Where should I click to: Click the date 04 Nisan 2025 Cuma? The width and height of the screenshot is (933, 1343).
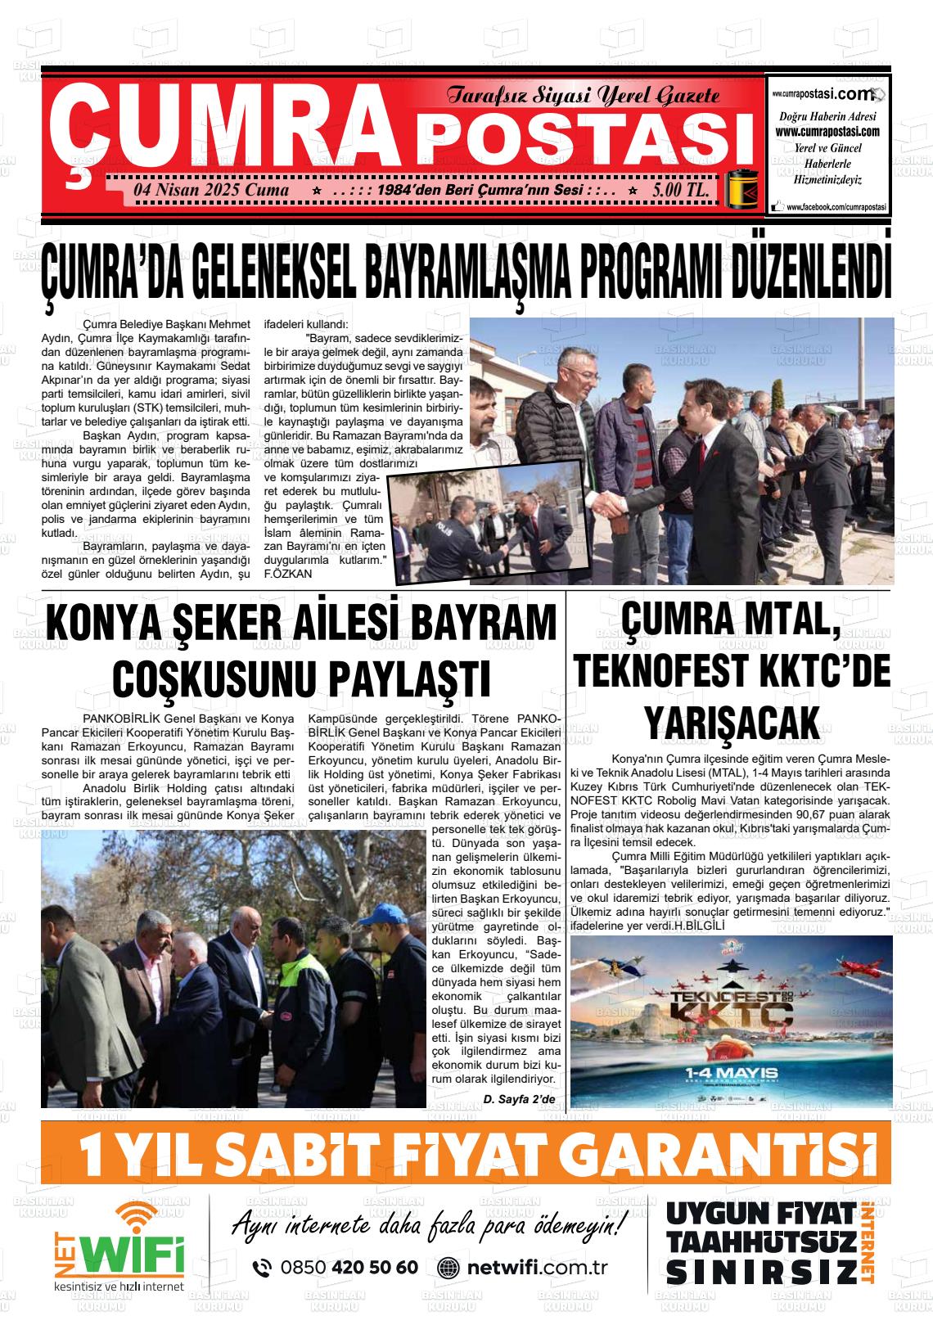tap(211, 191)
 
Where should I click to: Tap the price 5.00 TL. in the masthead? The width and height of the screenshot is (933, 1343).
tap(681, 191)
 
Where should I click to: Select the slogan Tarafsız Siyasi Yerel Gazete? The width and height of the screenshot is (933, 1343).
tap(583, 97)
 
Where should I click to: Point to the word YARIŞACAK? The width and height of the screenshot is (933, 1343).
tap(731, 723)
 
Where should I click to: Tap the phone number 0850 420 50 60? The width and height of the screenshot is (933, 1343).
tap(349, 1267)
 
